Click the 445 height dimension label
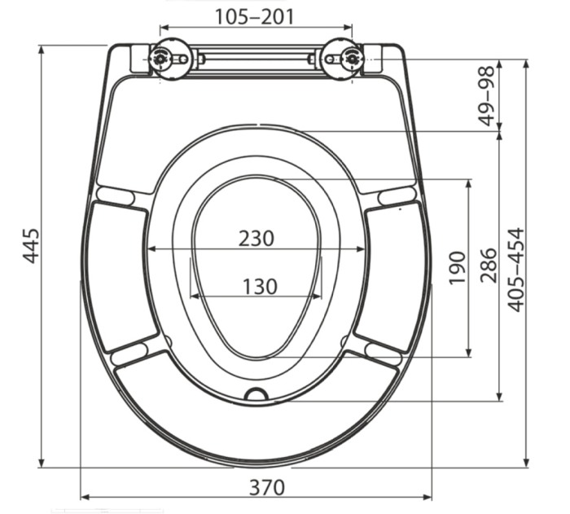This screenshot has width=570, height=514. point(30,245)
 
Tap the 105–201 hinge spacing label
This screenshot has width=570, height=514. point(255,16)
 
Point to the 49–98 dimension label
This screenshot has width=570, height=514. point(488,96)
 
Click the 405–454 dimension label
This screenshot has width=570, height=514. point(516,269)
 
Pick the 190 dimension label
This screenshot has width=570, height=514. point(457,266)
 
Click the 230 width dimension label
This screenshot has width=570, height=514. point(256,238)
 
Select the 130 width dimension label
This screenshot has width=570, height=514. point(258,286)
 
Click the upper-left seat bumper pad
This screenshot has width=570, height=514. point(116,195)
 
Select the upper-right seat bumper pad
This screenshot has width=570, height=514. point(397,195)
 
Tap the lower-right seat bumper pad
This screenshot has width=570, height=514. point(384,351)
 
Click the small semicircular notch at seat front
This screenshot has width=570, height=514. point(257,395)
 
